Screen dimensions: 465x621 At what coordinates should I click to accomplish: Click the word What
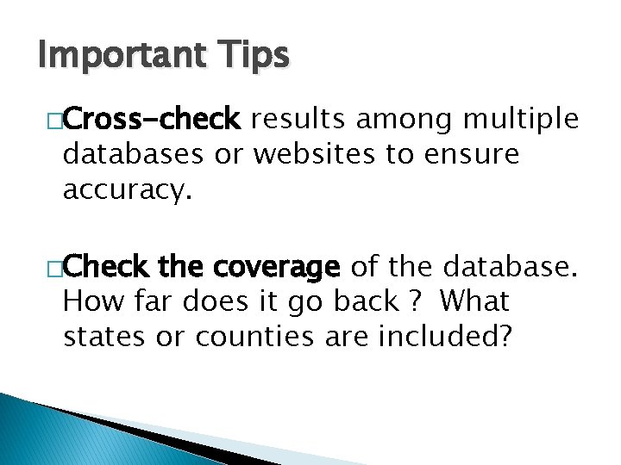pyautogui.click(x=473, y=302)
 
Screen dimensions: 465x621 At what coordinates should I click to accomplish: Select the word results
pyautogui.click(x=302, y=120)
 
